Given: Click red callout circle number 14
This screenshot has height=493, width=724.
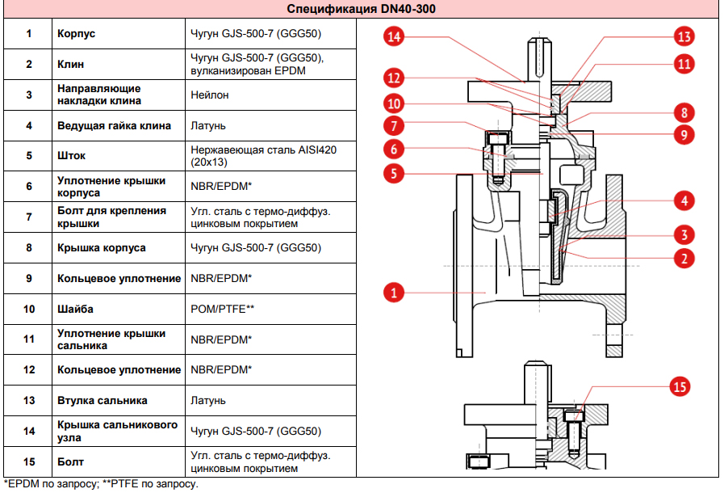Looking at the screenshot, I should tap(394, 36).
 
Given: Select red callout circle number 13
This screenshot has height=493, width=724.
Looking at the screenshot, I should tap(684, 36).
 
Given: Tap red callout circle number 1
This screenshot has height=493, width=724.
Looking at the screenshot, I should tap(394, 292).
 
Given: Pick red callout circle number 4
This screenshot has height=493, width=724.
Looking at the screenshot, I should tap(684, 200).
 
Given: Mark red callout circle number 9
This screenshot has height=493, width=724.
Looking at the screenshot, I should tap(684, 135).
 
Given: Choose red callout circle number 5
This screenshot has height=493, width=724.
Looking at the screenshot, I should tap(394, 172).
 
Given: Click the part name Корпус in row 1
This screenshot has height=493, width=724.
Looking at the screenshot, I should tap(77, 34).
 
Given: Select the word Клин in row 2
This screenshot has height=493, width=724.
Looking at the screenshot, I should tap(70, 64).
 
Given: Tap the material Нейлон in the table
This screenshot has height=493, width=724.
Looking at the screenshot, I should tap(210, 95).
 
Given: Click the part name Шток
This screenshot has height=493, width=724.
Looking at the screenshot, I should tap(71, 156).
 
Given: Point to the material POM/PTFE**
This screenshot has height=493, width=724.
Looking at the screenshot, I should tap(223, 309).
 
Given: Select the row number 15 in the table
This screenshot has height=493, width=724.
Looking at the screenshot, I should tap(29, 461).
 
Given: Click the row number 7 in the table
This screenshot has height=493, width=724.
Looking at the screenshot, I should tap(29, 217).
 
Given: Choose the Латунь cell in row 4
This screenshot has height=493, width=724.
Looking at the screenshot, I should tap(208, 125).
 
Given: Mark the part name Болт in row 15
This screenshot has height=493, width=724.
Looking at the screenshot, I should tap(71, 461).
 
